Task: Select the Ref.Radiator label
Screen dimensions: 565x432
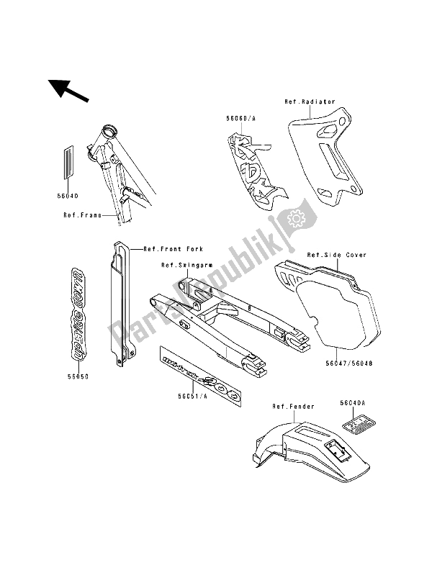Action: [310, 101]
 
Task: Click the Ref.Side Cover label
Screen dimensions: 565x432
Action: [337, 255]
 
